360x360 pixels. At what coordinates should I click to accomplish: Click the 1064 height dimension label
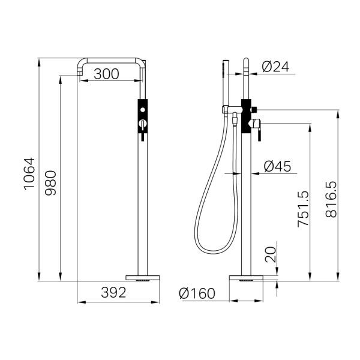coord(29,174)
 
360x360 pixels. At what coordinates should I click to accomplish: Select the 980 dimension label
coord(50,183)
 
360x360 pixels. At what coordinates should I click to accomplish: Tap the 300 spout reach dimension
coord(107,74)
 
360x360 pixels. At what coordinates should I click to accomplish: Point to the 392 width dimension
coord(113,293)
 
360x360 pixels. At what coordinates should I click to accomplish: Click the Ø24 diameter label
coord(275,67)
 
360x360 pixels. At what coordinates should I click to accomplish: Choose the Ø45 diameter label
coord(277,166)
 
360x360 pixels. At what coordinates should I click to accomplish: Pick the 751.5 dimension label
coord(303,209)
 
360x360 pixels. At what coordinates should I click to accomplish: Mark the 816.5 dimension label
coord(331,199)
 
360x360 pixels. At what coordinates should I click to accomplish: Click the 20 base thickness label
coord(270,254)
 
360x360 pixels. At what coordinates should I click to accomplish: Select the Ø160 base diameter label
coord(197,293)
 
